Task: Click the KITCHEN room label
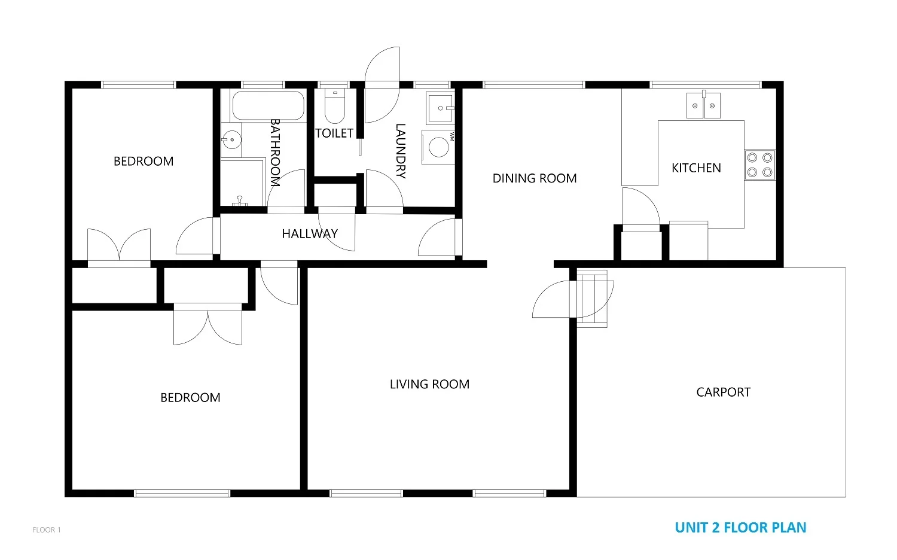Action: click(696, 168)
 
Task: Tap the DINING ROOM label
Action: click(534, 178)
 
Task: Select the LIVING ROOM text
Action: click(429, 384)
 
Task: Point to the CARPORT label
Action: click(723, 392)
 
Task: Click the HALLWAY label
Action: click(310, 233)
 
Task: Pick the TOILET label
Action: click(334, 133)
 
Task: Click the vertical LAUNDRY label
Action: click(401, 151)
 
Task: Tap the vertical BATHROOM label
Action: click(275, 152)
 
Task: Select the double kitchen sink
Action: click(703, 106)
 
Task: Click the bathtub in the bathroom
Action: click(268, 105)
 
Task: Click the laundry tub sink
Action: click(441, 108)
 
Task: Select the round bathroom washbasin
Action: click(230, 141)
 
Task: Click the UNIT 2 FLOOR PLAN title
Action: click(740, 528)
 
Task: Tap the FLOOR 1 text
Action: click(47, 530)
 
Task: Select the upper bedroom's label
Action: click(144, 162)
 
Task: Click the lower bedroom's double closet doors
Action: click(208, 326)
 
